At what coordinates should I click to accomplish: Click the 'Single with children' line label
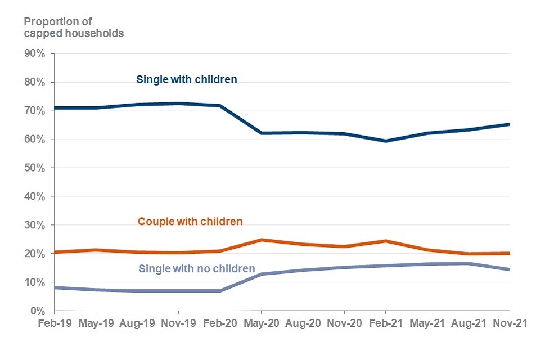tap(187, 80)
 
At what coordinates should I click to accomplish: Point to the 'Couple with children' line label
tap(190, 222)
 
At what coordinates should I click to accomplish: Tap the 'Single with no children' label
tap(196, 269)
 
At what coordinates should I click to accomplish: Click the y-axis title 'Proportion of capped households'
tap(73, 28)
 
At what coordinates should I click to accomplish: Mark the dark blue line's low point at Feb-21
tap(385, 141)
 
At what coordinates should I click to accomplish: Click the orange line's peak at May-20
tap(261, 240)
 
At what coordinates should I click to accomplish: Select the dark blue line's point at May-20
tap(261, 133)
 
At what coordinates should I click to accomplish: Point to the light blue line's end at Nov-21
tap(509, 269)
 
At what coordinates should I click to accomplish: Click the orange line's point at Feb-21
tap(385, 241)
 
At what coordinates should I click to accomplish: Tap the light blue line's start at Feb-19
tap(55, 287)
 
